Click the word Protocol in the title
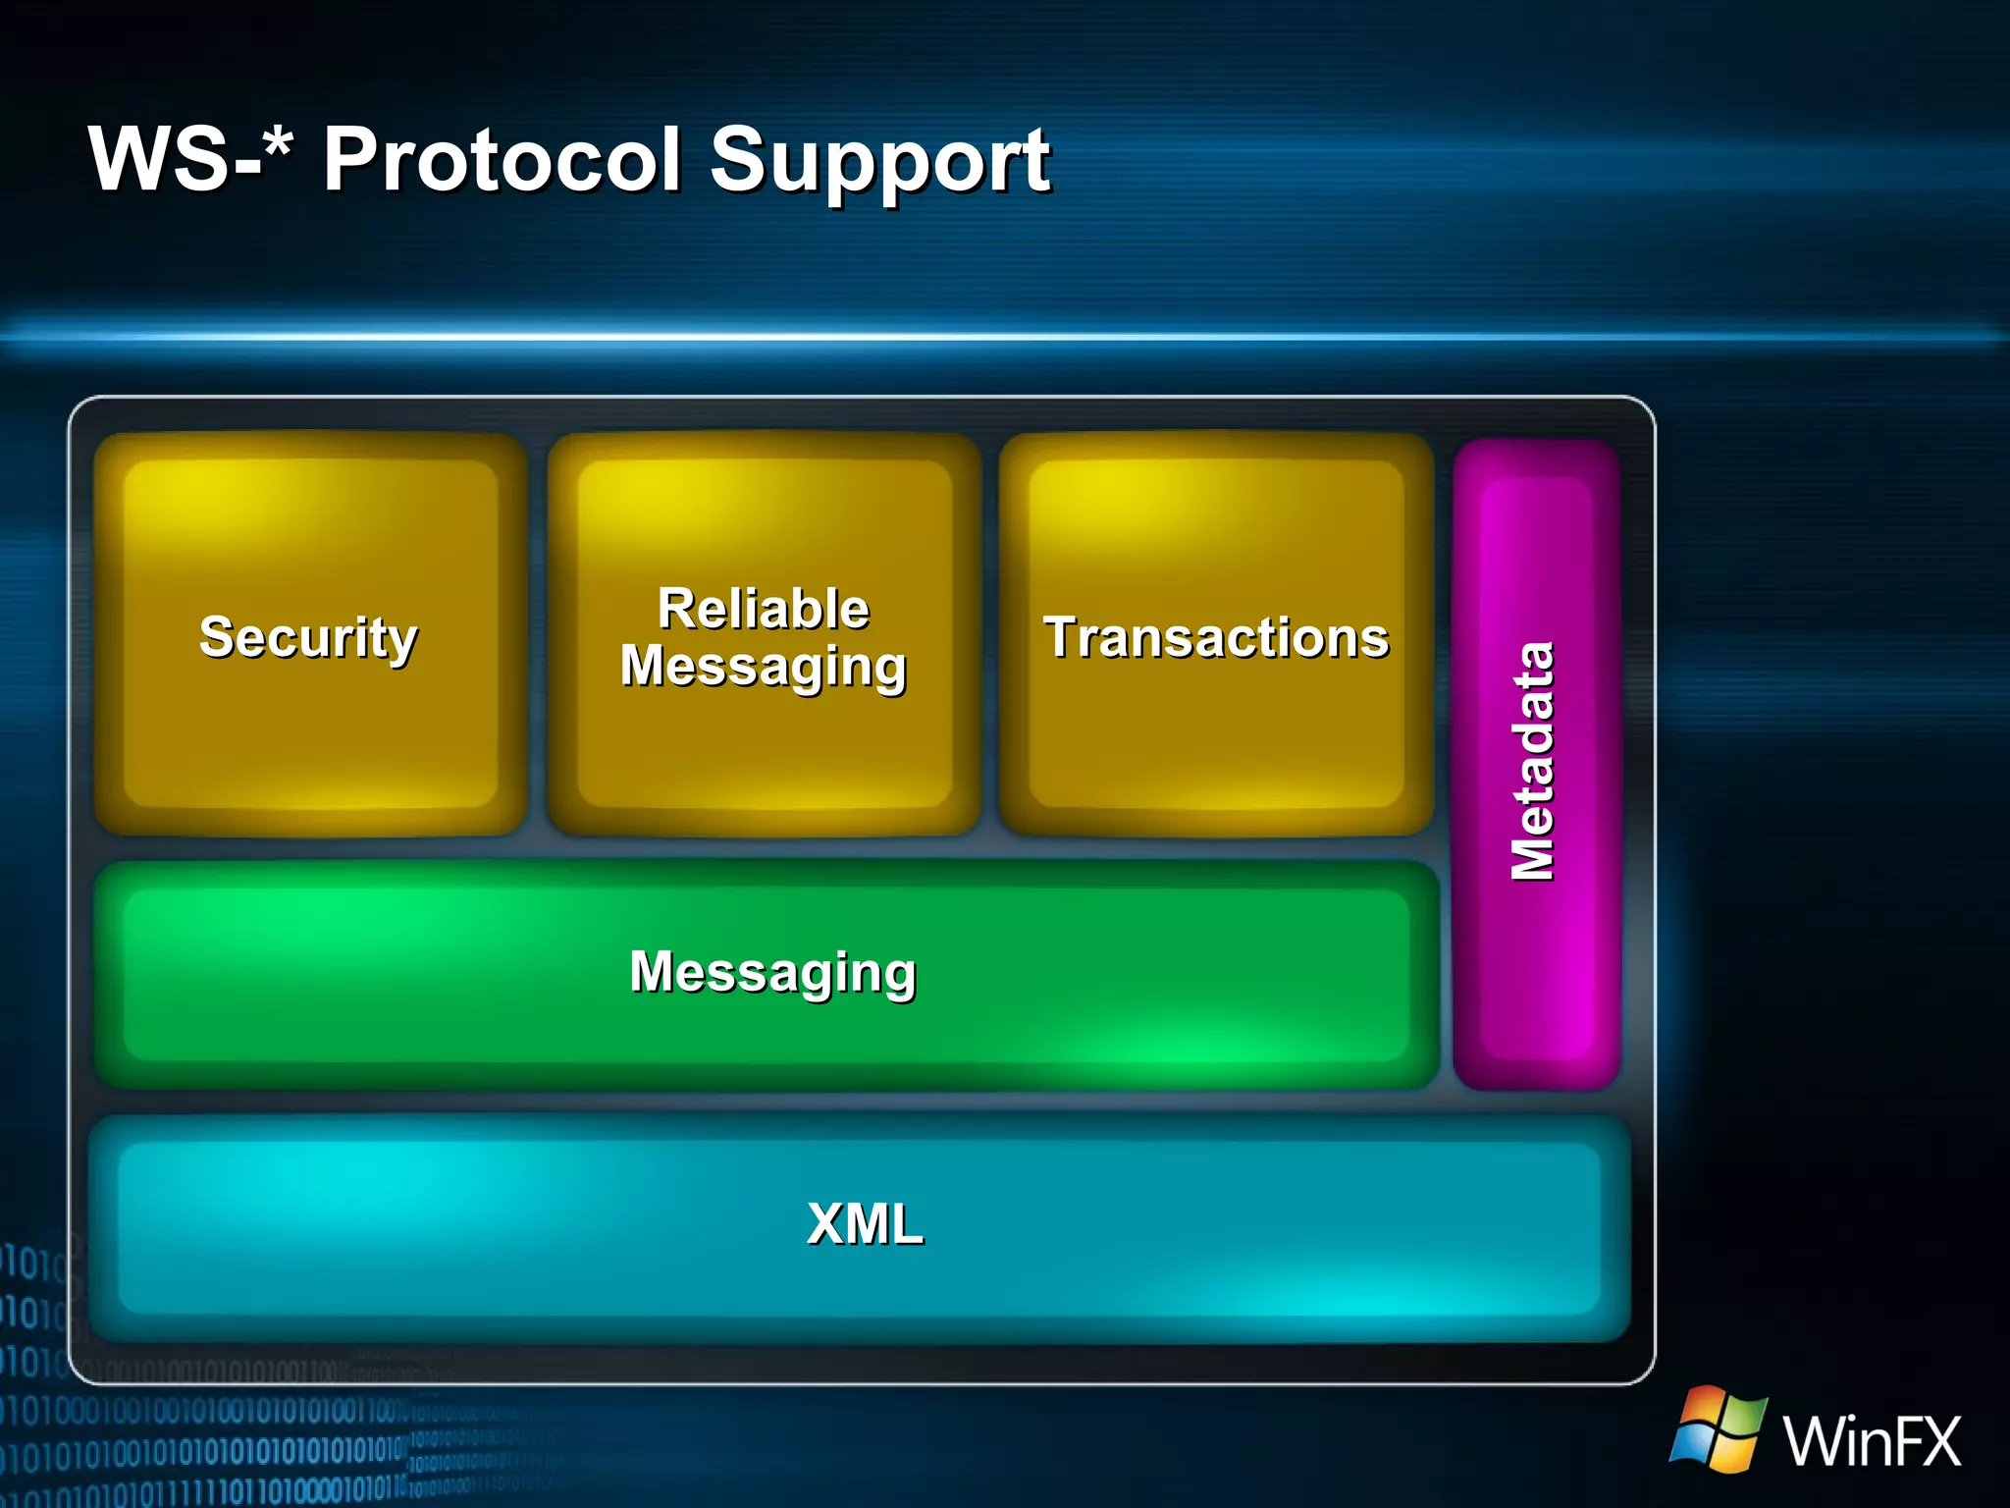[x=502, y=159]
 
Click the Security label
[x=308, y=638]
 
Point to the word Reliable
[x=764, y=609]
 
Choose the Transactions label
[x=1216, y=638]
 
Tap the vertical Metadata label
[x=1533, y=762]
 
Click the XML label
[x=865, y=1224]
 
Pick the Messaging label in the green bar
[x=772, y=972]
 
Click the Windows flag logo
[x=1719, y=1428]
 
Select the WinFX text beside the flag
[x=1872, y=1440]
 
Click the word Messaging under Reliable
[x=764, y=668]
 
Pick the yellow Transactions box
[x=1216, y=746]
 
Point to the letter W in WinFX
[x=1814, y=1440]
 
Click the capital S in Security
[x=218, y=636]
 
